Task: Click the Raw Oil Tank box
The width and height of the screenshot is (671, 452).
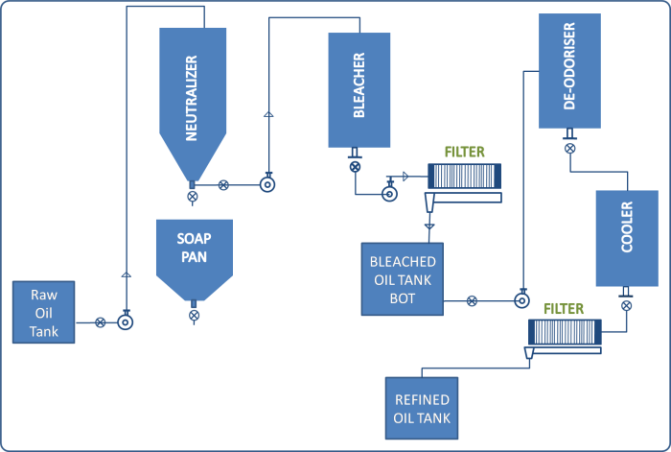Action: click(44, 313)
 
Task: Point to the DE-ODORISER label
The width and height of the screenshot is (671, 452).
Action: click(569, 73)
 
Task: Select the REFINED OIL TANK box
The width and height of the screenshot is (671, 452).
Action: click(423, 408)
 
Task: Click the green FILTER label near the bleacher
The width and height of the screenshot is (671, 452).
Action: click(465, 153)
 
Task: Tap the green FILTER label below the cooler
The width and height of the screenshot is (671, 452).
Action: click(564, 308)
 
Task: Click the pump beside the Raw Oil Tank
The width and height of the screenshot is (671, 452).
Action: click(126, 322)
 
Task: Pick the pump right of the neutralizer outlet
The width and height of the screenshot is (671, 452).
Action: click(267, 184)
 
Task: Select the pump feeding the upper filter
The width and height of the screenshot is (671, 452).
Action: click(390, 194)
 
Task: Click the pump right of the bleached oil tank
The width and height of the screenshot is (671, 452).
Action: click(521, 300)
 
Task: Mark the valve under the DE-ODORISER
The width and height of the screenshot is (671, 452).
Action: click(569, 149)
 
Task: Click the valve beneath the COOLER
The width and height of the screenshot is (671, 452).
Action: click(626, 306)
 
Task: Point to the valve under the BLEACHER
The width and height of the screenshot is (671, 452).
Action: click(356, 166)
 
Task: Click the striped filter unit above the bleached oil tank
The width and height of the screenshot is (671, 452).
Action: click(464, 176)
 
